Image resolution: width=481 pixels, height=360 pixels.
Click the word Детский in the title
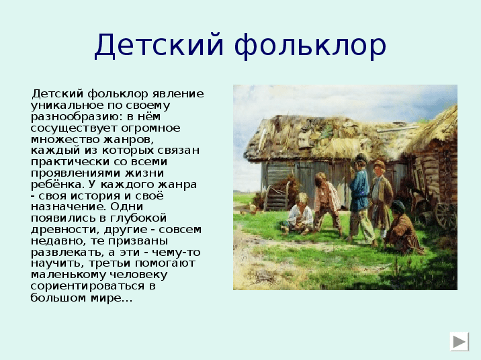tap(159, 46)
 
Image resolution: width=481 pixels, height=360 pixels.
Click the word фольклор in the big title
tap(310, 46)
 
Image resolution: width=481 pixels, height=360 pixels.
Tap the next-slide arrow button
tap(460, 341)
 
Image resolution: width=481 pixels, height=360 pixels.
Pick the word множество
tap(64, 140)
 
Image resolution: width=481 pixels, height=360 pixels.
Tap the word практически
tap(70, 162)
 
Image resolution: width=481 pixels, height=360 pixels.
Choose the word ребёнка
tap(57, 184)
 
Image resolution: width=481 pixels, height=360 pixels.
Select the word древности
tap(65, 230)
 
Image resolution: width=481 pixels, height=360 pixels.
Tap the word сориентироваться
tap(88, 286)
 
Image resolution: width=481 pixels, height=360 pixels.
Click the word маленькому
tap(68, 275)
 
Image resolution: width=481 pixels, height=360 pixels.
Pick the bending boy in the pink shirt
tap(327, 202)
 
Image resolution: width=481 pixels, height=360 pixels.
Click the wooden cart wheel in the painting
tap(445, 216)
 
